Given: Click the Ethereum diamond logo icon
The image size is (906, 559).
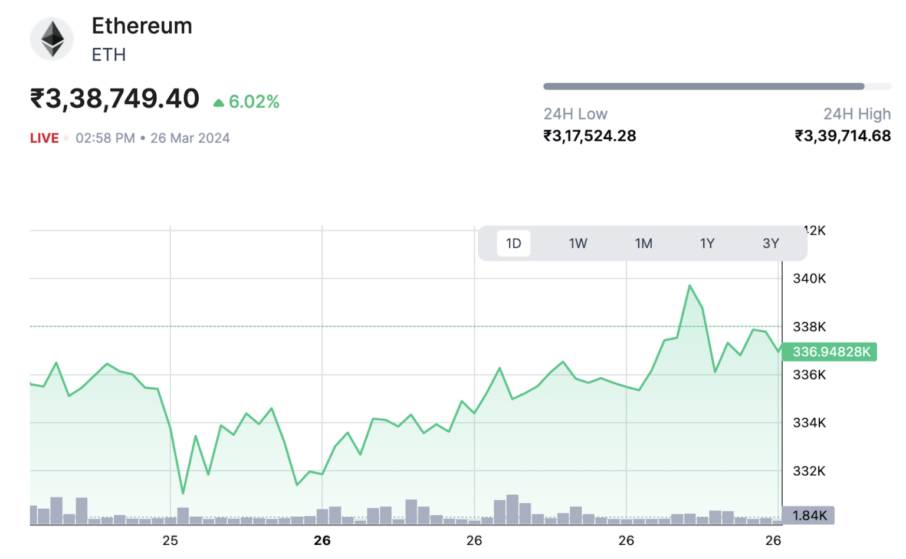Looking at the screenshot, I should point(52,40).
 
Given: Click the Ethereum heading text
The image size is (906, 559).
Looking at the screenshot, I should point(142,26).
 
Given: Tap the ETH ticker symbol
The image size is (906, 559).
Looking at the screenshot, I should point(109,55).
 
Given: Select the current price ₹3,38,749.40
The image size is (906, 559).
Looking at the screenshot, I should point(115,99).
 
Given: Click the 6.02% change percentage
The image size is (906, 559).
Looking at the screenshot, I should point(254,102).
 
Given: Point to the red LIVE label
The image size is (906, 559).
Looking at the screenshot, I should point(44,138).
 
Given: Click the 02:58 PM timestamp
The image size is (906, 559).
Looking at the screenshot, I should point(105,138).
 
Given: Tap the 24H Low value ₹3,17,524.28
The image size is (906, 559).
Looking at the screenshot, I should point(589,136).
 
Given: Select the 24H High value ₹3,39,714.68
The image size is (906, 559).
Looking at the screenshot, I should point(842,136).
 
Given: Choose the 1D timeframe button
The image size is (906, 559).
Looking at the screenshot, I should point(513,244).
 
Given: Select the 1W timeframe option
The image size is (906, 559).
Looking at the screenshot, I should point(578,244).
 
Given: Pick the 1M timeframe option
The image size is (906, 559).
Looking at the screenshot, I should point(644,244).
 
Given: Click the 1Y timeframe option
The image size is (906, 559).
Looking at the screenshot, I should point(707,244).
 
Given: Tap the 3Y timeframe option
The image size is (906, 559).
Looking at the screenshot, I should point(770,244).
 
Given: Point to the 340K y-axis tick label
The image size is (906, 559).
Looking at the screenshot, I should point(809,278).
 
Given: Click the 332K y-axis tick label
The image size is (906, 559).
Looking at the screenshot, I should point(809,471).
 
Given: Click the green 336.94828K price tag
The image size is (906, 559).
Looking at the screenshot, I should point(830,352).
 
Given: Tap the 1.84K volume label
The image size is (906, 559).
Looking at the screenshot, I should point(809,515).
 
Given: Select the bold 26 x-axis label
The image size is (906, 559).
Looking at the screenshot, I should point(322,541).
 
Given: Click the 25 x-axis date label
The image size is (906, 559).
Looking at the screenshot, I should point(170,541).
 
